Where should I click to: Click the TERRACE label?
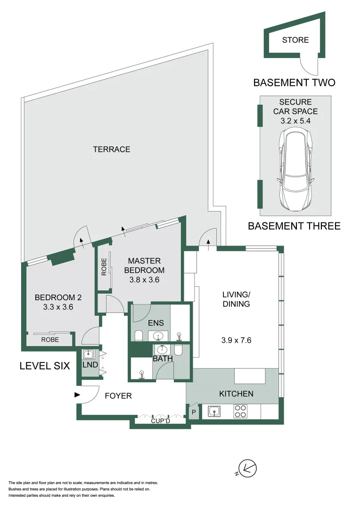click(x=111, y=149)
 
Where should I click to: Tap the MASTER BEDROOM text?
click(x=144, y=265)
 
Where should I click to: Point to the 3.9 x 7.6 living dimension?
click(x=237, y=339)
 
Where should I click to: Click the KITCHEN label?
click(x=236, y=394)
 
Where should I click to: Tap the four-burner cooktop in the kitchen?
click(x=241, y=411)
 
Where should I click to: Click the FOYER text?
click(x=118, y=396)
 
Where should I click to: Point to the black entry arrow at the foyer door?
click(x=77, y=395)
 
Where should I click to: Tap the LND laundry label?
click(x=88, y=366)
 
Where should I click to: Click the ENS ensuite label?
click(x=156, y=323)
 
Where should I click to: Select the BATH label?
click(x=163, y=359)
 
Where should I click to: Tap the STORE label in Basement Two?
click(x=295, y=40)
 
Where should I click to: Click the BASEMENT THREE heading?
click(x=294, y=226)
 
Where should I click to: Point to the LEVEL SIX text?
click(x=45, y=365)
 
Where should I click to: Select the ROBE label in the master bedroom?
click(x=104, y=267)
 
